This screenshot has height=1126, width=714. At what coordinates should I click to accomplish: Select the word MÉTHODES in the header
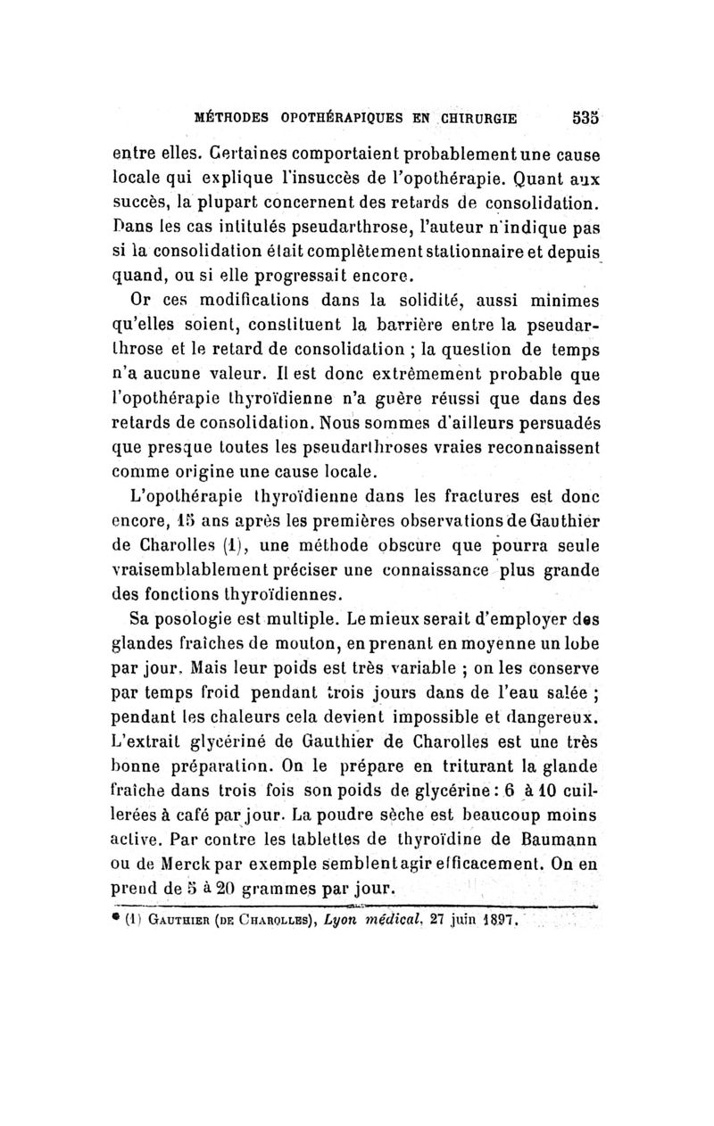click(x=235, y=116)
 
